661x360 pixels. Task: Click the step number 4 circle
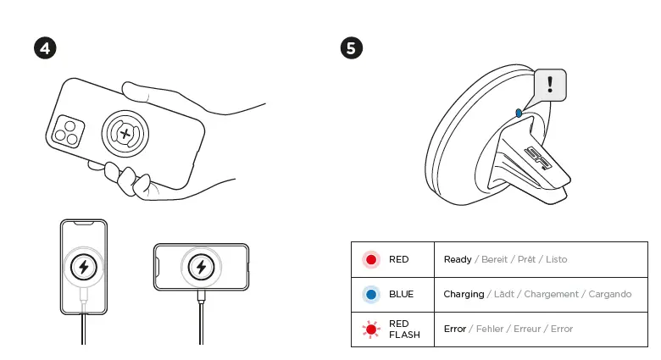tap(45, 47)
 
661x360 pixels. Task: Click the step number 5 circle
tap(352, 47)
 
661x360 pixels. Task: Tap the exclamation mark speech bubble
tap(550, 85)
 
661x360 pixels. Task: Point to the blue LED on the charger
tap(519, 112)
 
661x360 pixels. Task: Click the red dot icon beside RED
tap(371, 259)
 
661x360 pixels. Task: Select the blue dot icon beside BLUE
tap(371, 294)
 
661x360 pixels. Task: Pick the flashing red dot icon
tap(371, 329)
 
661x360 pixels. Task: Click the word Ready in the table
tap(458, 259)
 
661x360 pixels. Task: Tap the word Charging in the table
tap(464, 294)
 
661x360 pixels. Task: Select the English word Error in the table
tap(455, 329)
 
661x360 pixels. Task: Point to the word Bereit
tap(494, 259)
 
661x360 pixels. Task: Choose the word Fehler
tap(492, 329)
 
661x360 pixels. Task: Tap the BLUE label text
tap(401, 294)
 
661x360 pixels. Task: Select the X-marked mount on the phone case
tap(125, 133)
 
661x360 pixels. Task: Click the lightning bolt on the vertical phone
tap(83, 268)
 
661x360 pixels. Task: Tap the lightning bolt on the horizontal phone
tap(201, 268)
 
